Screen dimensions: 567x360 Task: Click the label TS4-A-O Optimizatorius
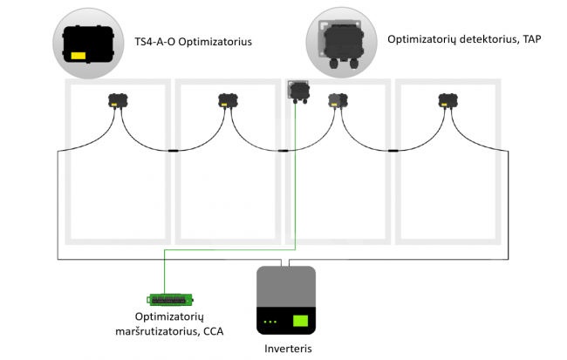pos(193,42)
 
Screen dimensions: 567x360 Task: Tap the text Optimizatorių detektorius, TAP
pos(464,39)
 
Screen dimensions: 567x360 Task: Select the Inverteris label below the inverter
pos(288,349)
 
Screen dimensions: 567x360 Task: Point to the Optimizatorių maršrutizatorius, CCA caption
pos(169,324)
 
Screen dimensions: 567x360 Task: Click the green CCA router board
pos(169,299)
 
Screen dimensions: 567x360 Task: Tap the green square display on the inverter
pos(300,321)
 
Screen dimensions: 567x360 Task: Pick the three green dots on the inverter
pos(270,322)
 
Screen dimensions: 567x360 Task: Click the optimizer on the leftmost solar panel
pos(118,100)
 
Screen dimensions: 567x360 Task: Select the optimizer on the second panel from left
pos(228,100)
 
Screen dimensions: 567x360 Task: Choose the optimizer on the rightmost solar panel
pos(448,100)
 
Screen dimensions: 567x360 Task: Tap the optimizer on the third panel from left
pos(338,100)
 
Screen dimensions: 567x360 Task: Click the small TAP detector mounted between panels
pos(298,92)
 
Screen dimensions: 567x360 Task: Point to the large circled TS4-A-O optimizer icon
pos(89,44)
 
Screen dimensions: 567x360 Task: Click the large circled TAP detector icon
pos(342,43)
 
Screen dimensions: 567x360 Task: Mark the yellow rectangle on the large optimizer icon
pos(79,56)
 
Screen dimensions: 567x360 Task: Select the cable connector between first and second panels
pos(174,150)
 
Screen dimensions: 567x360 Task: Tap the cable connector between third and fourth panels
pos(393,150)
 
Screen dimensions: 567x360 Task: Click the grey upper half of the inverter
pos(286,286)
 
